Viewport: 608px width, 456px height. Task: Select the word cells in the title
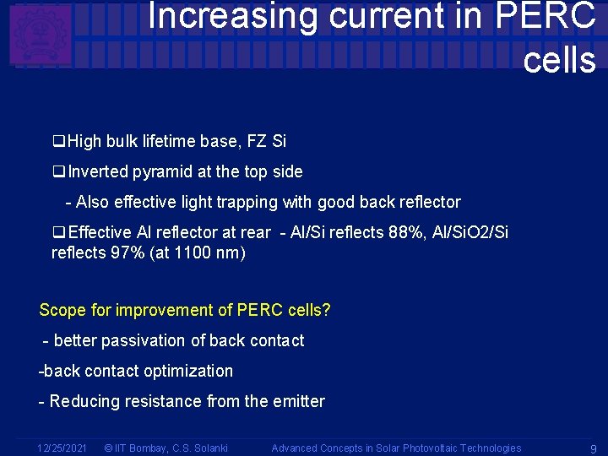(x=559, y=60)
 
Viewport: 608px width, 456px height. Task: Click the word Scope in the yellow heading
(x=62, y=310)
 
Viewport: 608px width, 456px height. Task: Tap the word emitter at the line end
(x=296, y=401)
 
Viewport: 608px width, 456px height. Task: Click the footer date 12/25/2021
(x=62, y=448)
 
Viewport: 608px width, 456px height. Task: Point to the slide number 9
(x=593, y=448)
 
